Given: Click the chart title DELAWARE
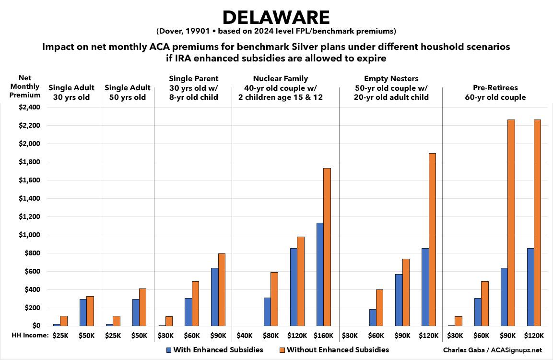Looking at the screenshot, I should (x=276, y=18).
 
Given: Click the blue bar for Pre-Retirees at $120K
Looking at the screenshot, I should (x=530, y=287).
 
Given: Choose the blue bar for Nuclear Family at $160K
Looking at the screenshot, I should (x=319, y=274).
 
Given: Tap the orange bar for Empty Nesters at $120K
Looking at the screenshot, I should (x=432, y=240).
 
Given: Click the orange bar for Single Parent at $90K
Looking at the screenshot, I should (x=222, y=289).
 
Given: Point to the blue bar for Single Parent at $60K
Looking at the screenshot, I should (x=188, y=312).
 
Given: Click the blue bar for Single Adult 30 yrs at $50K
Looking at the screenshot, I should (x=83, y=312).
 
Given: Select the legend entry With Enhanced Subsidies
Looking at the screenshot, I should (x=214, y=349).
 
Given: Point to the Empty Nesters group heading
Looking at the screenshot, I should (x=391, y=87).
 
